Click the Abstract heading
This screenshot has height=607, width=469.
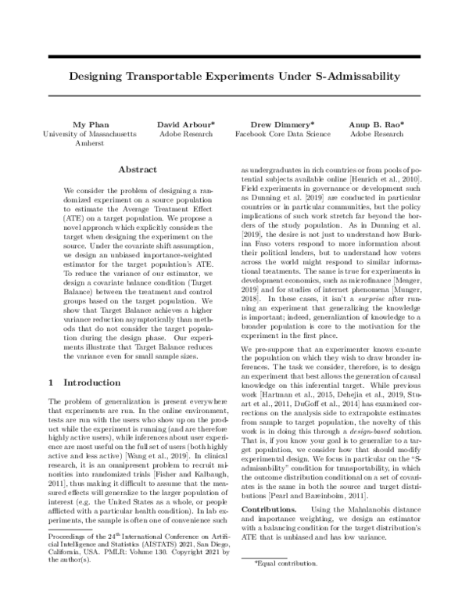tap(138, 169)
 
